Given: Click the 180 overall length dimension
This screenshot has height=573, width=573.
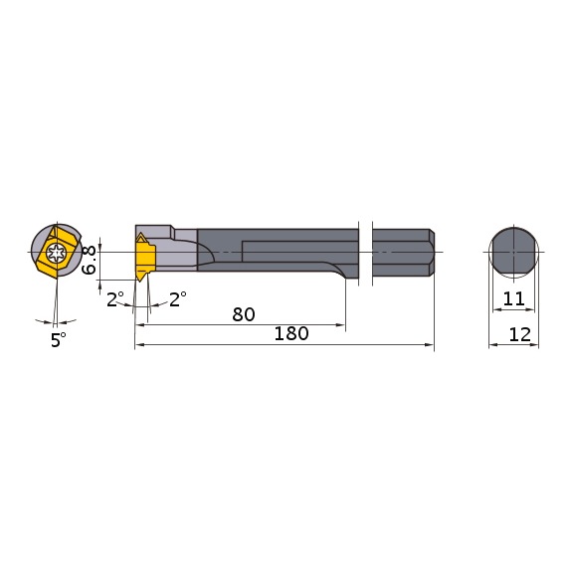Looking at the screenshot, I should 289,334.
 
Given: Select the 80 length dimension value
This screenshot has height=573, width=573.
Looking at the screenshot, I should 243,314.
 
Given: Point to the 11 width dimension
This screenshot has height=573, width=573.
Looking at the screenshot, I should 513,297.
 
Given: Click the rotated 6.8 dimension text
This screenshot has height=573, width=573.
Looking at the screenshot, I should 89,260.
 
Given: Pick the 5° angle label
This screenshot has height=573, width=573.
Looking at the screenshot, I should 59,339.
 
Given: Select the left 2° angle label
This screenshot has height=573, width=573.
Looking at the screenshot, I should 114,298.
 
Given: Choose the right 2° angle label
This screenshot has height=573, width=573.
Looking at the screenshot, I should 178,298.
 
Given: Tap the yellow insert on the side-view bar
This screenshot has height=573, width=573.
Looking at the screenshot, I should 145,258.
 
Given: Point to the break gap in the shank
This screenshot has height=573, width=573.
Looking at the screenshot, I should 365,253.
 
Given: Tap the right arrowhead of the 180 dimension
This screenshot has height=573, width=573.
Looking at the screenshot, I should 430,346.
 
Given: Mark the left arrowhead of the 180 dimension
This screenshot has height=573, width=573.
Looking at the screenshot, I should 139,346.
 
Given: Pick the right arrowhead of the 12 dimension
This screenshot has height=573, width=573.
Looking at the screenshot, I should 535,346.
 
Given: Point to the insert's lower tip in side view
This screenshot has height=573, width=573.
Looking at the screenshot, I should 142,278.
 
